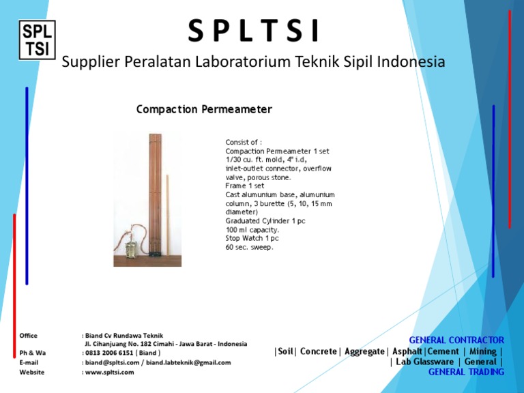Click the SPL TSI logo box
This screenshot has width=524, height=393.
click(37, 40)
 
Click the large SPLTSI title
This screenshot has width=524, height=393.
click(253, 31)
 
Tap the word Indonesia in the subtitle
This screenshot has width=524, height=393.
click(408, 62)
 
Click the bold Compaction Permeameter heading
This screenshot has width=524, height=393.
click(204, 109)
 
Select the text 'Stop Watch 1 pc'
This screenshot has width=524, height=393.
click(252, 239)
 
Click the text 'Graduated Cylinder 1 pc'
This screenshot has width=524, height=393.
click(265, 221)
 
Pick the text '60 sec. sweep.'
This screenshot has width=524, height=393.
click(249, 248)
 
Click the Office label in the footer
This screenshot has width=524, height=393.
click(29, 336)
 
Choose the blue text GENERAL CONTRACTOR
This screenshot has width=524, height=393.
click(456, 340)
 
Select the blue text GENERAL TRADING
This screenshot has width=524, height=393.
click(466, 372)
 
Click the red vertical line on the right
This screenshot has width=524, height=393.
click(509, 119)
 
